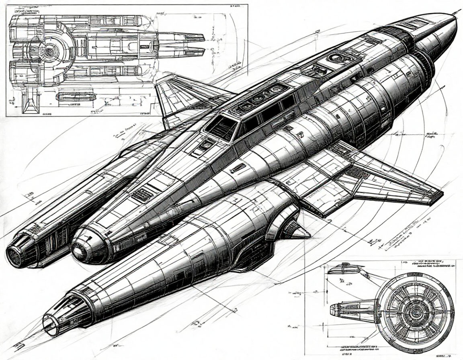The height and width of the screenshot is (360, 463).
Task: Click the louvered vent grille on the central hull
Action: click(x=141, y=196)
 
